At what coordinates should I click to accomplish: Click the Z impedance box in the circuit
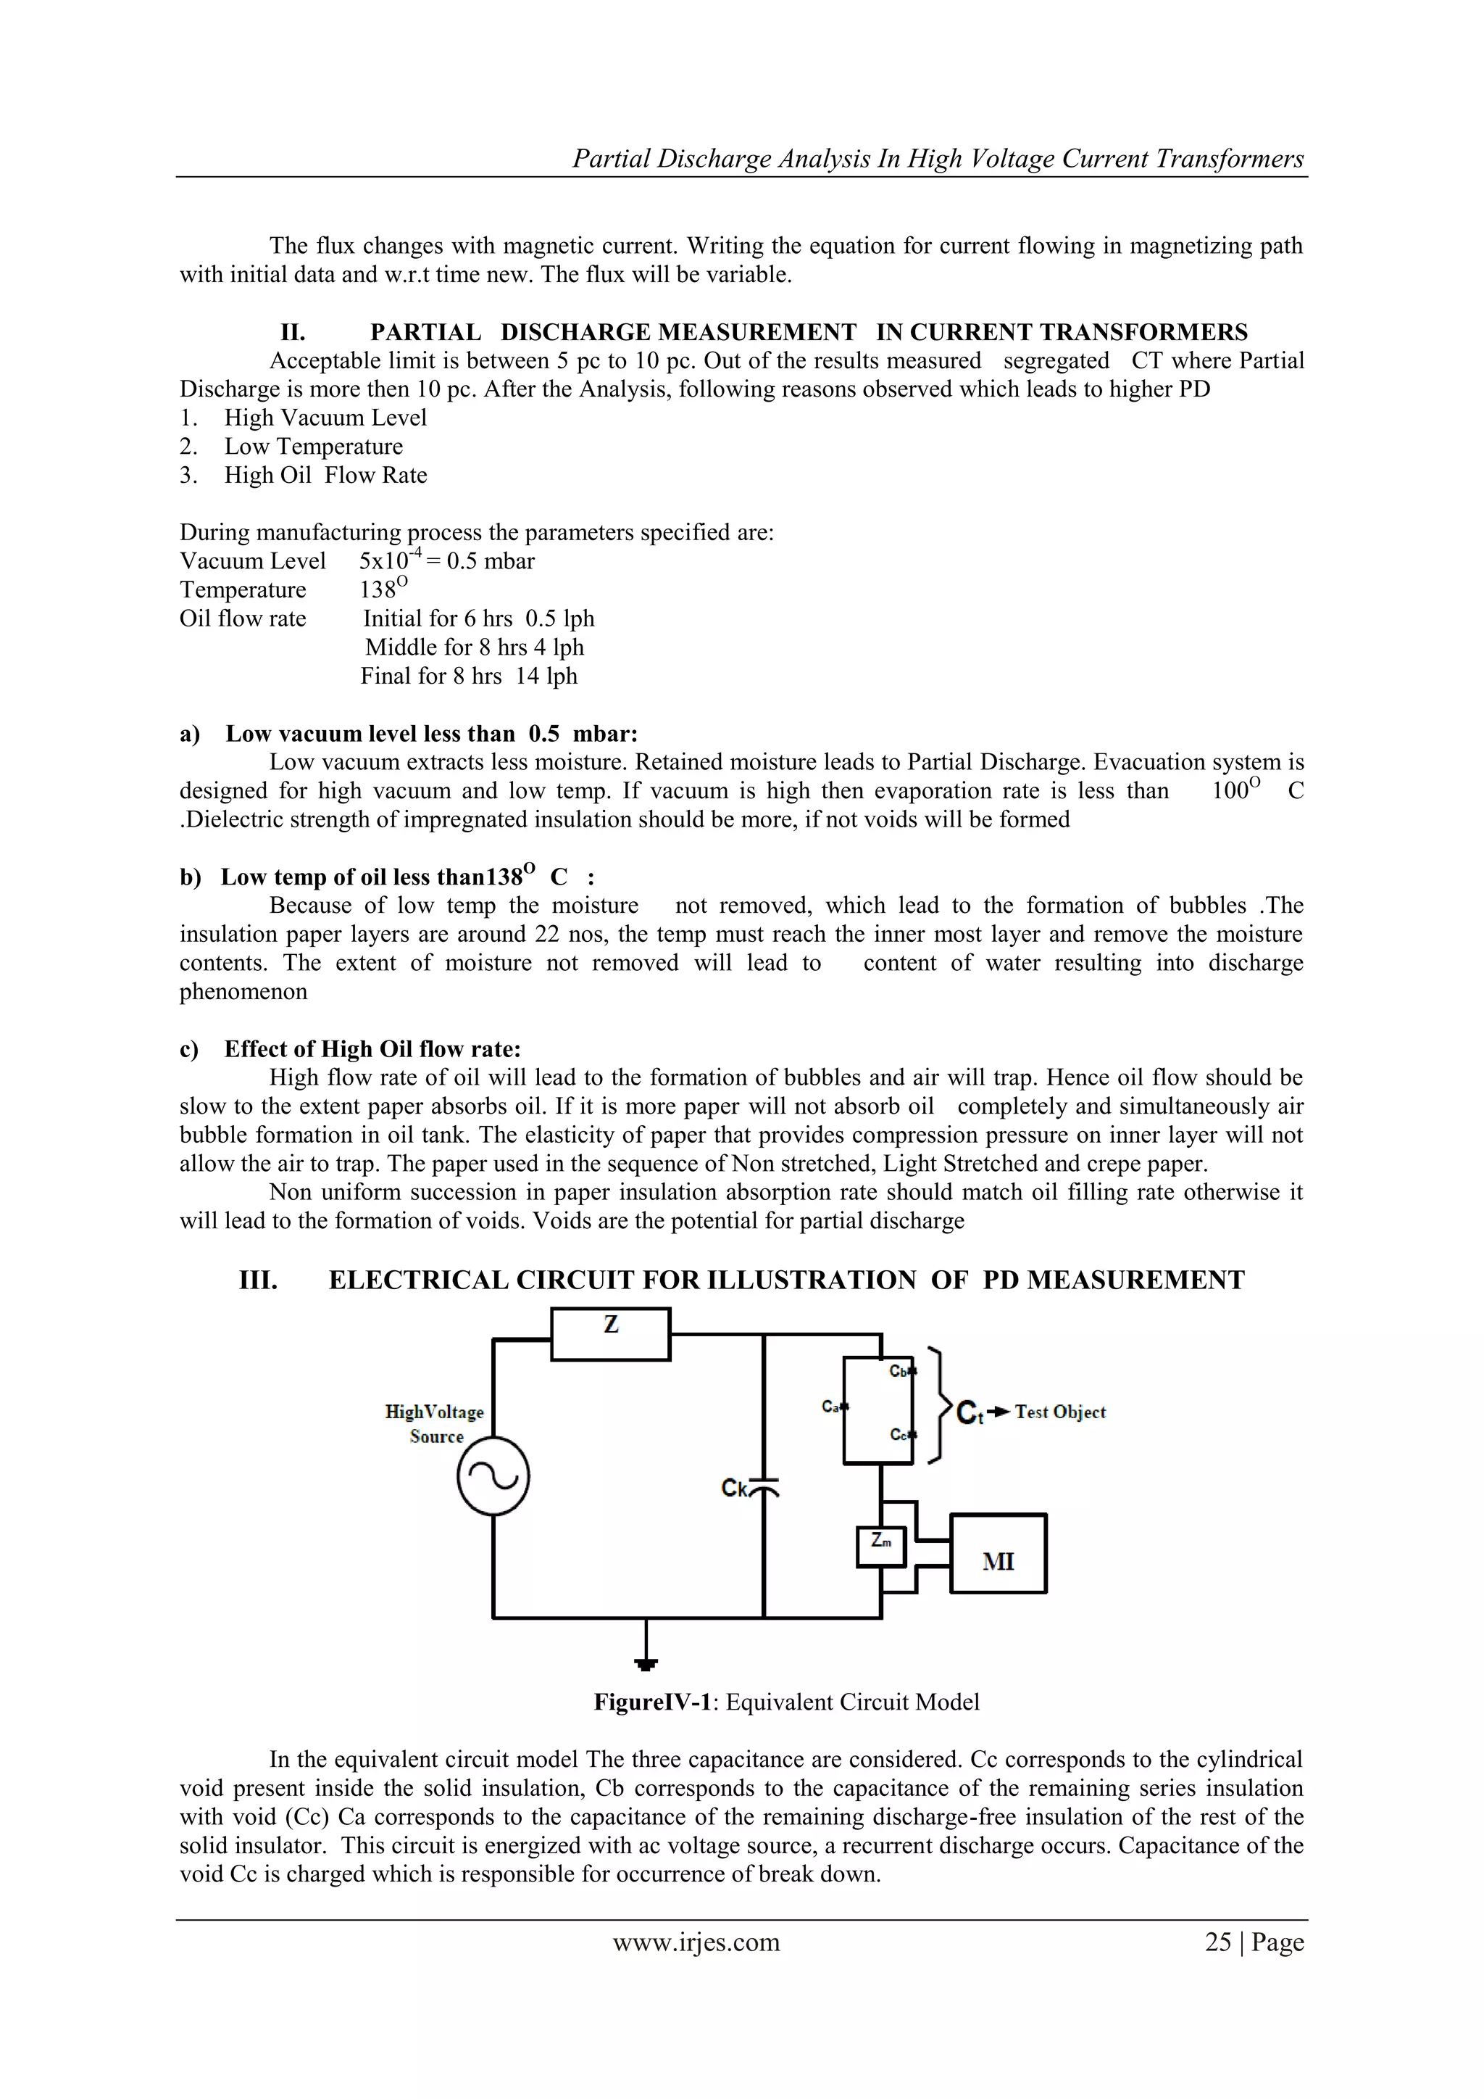click(x=610, y=1334)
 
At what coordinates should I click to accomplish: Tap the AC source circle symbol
click(x=493, y=1478)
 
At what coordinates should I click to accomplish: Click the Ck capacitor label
click(x=735, y=1489)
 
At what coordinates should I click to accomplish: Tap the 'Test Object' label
click(x=1060, y=1412)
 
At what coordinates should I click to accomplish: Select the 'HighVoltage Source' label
click(x=435, y=1424)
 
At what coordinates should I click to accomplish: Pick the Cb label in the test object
click(x=899, y=1371)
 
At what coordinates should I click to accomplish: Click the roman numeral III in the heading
click(x=259, y=1281)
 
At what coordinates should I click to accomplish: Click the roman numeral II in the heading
click(x=293, y=333)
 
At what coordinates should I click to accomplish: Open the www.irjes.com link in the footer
click(x=696, y=1942)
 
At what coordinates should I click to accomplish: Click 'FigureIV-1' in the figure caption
click(x=652, y=1702)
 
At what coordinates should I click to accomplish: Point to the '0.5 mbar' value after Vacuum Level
click(x=491, y=561)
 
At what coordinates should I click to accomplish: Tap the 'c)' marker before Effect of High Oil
click(x=189, y=1050)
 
